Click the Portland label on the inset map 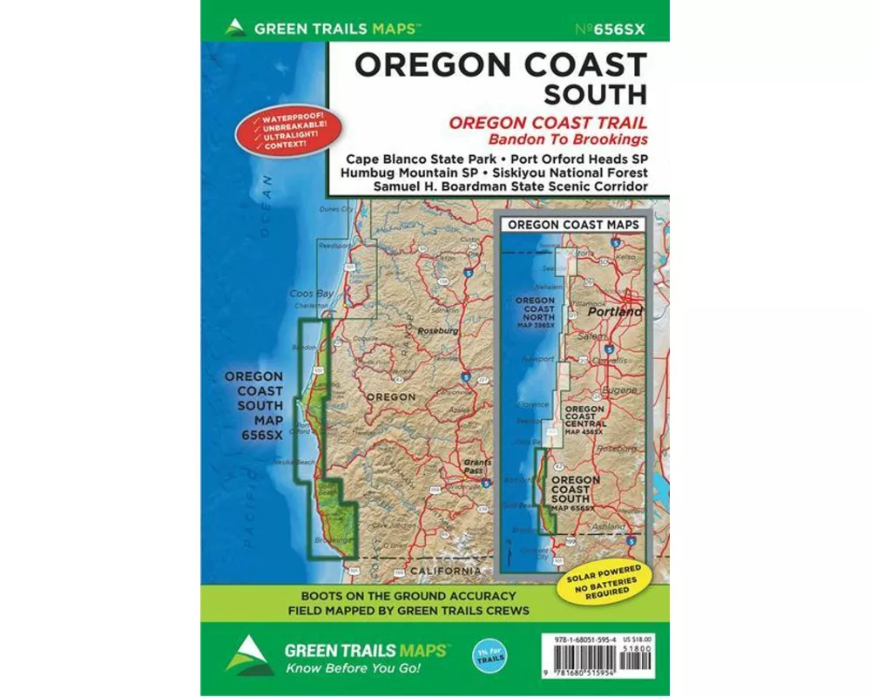click(x=614, y=311)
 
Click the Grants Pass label click(x=476, y=467)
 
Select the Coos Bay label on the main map click(x=312, y=294)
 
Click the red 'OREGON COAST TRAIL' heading click(x=548, y=123)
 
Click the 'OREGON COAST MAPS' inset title click(x=572, y=224)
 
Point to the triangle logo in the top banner click(x=233, y=26)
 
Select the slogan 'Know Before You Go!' click(x=352, y=668)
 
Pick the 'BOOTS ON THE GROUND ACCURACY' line click(x=408, y=596)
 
